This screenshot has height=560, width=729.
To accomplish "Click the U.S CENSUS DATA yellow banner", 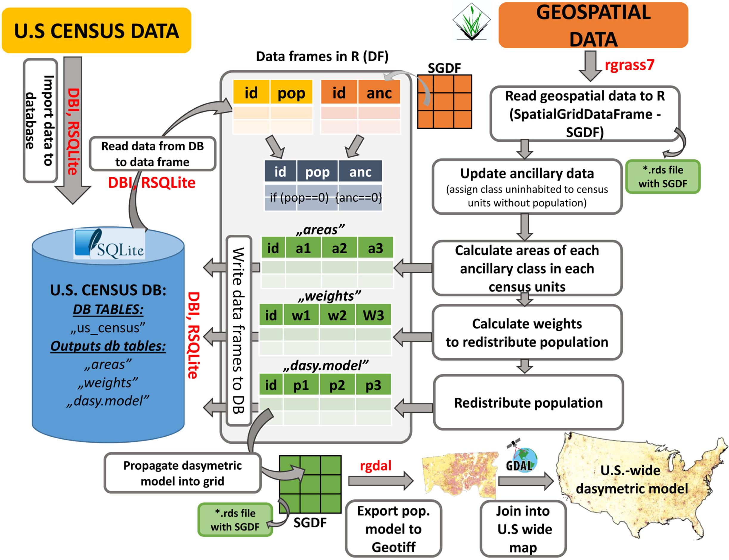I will tap(96, 31).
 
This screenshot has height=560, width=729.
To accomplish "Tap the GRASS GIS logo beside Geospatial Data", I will tap(471, 22).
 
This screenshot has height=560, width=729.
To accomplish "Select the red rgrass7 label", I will tap(629, 65).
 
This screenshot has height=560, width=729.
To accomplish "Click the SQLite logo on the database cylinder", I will tap(109, 244).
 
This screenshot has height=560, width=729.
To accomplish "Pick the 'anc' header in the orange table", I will tap(379, 93).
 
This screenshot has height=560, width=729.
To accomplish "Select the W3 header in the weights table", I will tap(373, 315).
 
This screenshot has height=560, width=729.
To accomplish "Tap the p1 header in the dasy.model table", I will tap(301, 385).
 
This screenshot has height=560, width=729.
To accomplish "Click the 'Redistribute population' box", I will tap(528, 403).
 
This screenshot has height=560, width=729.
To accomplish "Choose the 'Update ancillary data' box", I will tap(527, 187).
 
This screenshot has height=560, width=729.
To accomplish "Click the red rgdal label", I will tap(375, 466).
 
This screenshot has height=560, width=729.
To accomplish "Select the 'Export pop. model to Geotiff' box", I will tap(393, 529).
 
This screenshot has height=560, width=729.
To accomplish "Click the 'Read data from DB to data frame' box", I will tap(152, 154).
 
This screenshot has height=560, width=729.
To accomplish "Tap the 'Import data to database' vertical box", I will tap(40, 121).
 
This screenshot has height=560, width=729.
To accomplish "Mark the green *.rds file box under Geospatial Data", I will tap(662, 177).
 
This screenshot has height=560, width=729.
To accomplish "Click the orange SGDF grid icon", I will tap(444, 102).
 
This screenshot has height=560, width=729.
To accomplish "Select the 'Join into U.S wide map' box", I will tap(523, 529).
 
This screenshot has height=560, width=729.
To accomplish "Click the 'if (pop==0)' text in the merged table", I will tap(299, 198).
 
